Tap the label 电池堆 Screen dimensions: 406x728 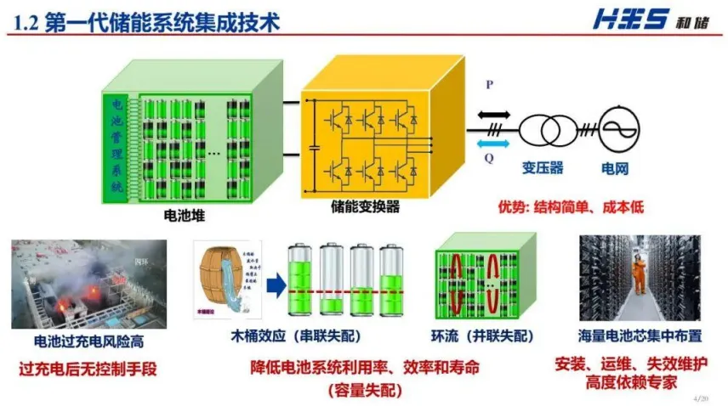(x=184, y=216)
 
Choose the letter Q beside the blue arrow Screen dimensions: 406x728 (x=489, y=157)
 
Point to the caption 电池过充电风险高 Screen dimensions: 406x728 (x=88, y=341)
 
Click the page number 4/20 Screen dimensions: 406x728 (x=702, y=397)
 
